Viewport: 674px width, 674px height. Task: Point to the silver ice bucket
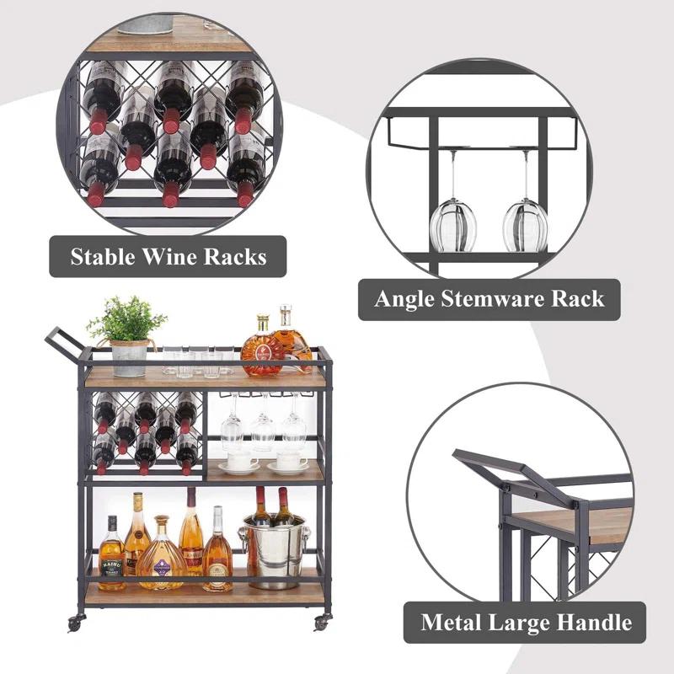click(x=275, y=548)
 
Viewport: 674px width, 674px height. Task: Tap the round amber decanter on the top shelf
click(x=262, y=350)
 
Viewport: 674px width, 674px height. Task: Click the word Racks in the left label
click(x=235, y=256)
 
